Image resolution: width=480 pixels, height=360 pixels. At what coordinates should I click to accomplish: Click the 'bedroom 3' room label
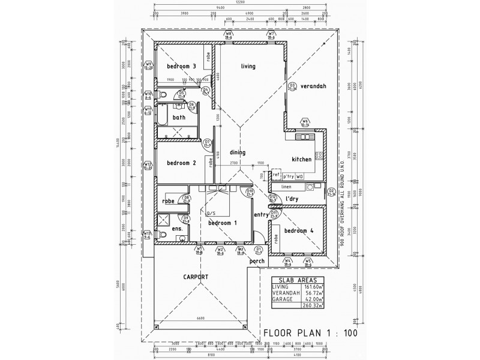pos(182,66)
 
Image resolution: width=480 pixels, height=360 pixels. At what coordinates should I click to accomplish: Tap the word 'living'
pos(249,66)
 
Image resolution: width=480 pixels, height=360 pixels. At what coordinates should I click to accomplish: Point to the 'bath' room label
pos(179,118)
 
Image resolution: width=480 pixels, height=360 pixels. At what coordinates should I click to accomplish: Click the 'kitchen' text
pos(301,160)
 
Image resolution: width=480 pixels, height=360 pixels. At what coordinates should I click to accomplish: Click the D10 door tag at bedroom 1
pos(250,192)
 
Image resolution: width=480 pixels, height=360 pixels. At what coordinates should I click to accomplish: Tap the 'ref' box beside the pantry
pos(277,176)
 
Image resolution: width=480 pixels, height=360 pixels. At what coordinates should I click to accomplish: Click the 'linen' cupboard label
pos(286,187)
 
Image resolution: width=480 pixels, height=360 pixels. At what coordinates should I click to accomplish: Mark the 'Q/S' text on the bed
pos(211,213)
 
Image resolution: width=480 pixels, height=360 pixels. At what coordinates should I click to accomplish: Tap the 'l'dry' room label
pos(292,199)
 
